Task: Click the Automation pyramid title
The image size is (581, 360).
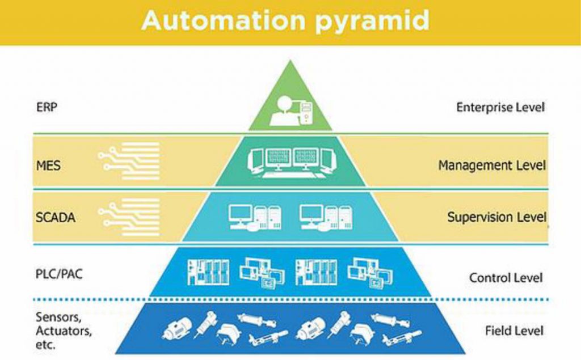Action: [285, 20]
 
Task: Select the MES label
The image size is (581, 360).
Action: [47, 167]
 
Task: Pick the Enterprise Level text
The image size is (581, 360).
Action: [500, 107]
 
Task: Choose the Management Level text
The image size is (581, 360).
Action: [491, 166]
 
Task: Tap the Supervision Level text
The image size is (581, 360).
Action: [496, 217]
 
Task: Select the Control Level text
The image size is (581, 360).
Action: [506, 278]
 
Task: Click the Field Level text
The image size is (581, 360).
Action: [514, 331]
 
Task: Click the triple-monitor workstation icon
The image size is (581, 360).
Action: [292, 162]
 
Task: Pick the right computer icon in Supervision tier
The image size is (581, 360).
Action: [326, 217]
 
